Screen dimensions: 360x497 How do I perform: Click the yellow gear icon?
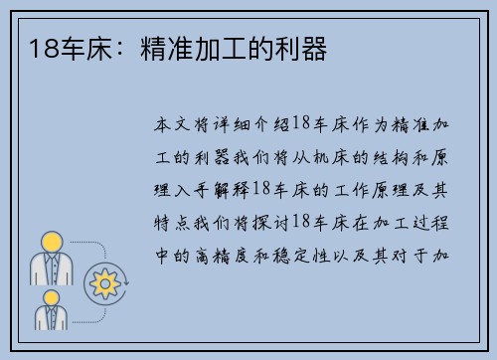pos(102,284)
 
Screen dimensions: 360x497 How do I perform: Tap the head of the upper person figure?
pos(52,241)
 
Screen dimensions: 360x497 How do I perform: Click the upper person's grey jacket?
pos(52,269)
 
